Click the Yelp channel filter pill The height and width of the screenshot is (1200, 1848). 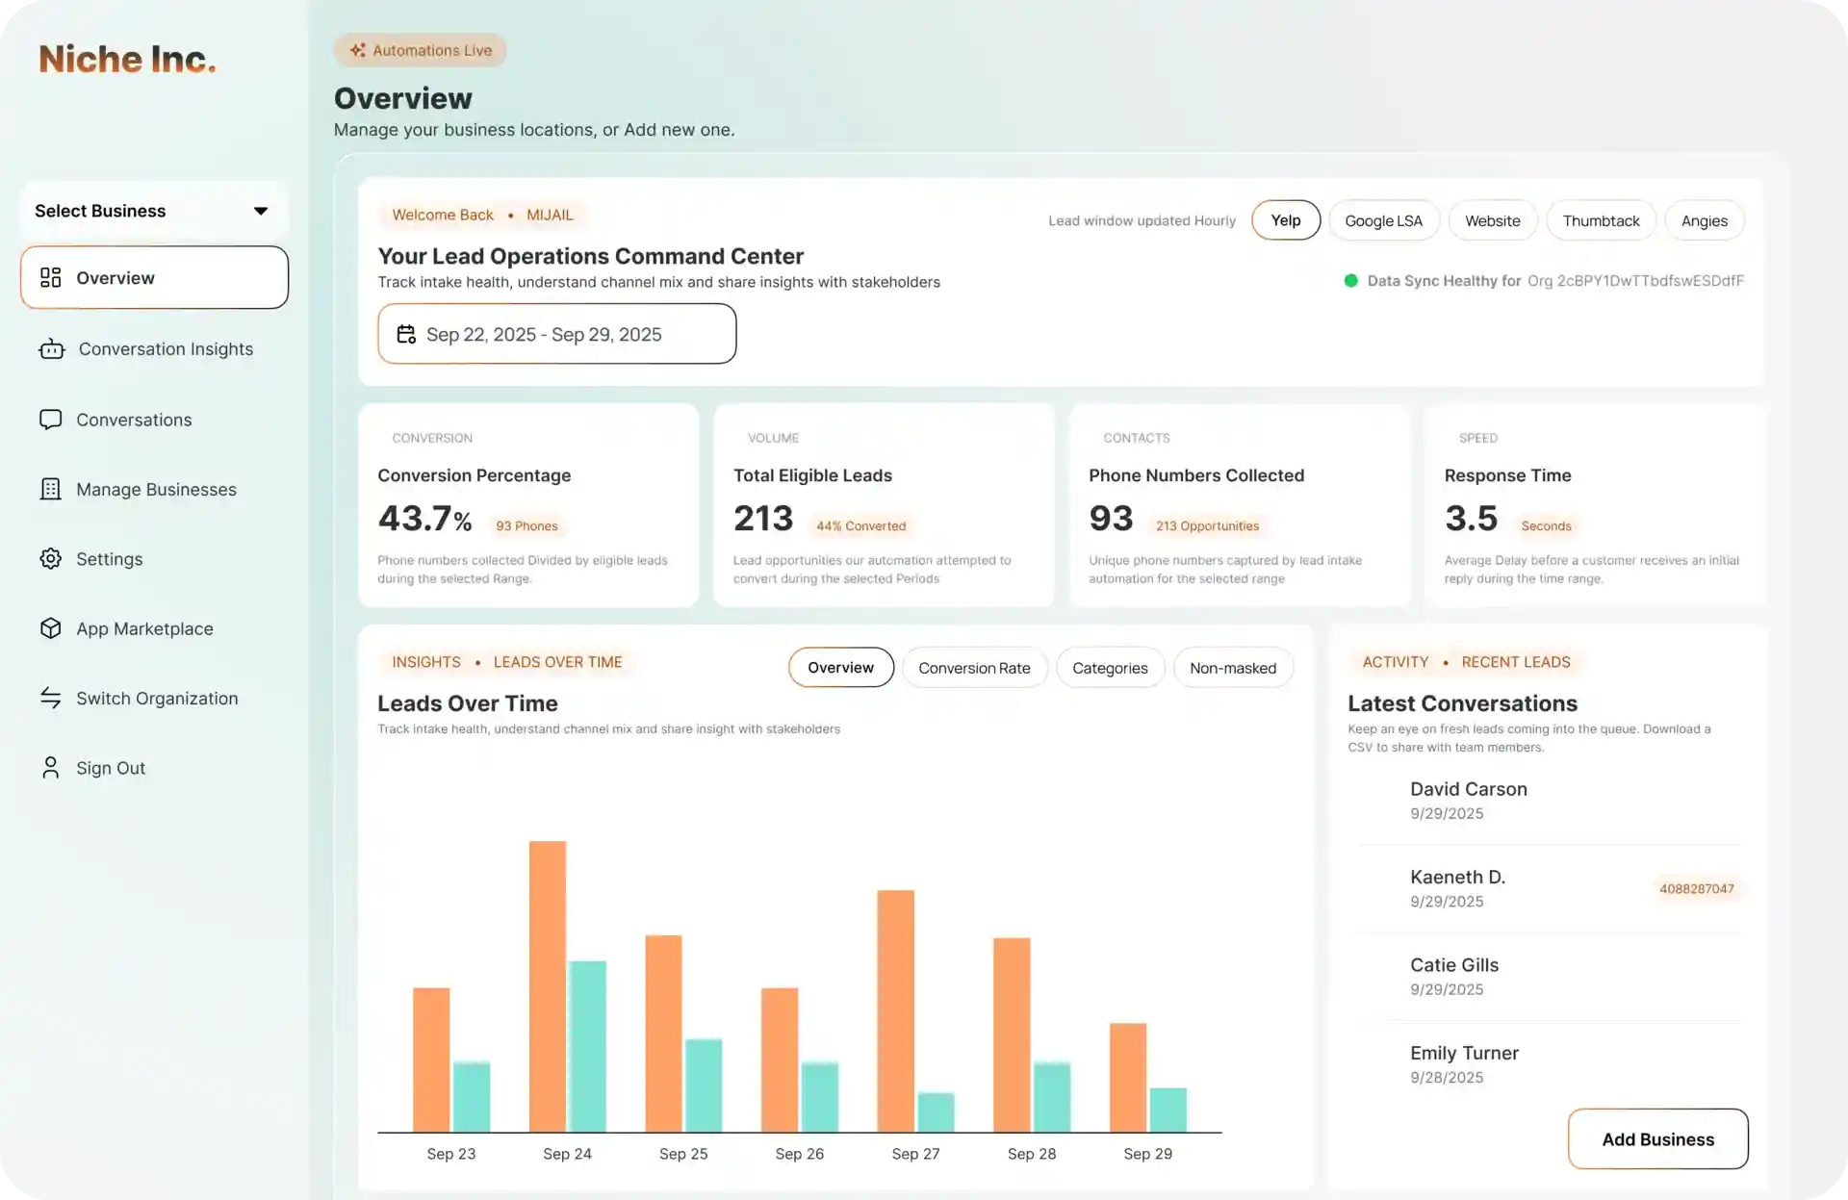[x=1285, y=220]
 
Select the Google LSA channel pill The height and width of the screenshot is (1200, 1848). [x=1383, y=220]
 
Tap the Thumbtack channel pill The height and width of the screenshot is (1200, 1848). [x=1600, y=220]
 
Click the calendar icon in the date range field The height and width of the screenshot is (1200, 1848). [x=406, y=334]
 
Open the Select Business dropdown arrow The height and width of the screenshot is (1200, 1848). [x=260, y=211]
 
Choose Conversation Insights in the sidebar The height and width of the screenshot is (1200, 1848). [x=166, y=349]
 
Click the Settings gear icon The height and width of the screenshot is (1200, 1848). [x=51, y=559]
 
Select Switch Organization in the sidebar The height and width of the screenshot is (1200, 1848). [x=157, y=699]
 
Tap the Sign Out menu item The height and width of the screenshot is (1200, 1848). [x=111, y=768]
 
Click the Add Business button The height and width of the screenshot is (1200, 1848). [x=1657, y=1139]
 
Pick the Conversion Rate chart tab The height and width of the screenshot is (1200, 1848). [x=974, y=668]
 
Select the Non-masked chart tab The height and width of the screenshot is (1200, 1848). [x=1232, y=668]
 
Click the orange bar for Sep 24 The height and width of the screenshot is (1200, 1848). [x=548, y=986]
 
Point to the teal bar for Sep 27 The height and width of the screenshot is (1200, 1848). [x=936, y=1112]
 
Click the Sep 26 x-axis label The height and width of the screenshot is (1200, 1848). [x=799, y=1154]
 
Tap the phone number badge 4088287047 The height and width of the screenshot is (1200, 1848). [x=1696, y=889]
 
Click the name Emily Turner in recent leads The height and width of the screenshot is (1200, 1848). [x=1464, y=1053]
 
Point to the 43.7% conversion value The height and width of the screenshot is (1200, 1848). [x=424, y=519]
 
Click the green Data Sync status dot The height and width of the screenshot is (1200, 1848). [x=1350, y=281]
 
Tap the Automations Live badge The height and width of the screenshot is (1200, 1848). [x=421, y=50]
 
